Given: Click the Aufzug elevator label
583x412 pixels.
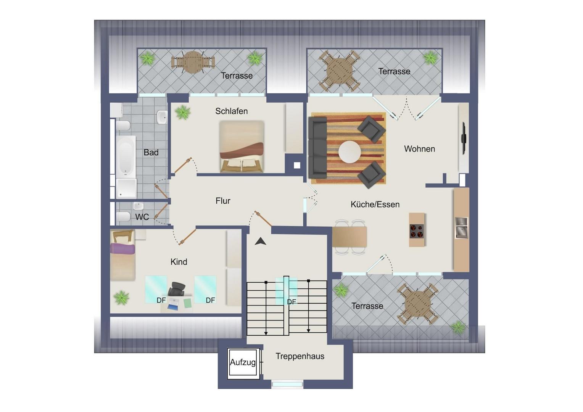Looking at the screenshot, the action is (243, 362).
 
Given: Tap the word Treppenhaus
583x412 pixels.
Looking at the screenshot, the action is (300, 356).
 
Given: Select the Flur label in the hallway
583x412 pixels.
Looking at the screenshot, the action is (223, 201).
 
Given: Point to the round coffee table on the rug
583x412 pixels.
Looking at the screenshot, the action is (349, 152).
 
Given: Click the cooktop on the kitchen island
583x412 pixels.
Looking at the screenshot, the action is (417, 231).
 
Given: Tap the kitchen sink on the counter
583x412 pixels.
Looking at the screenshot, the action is (461, 228).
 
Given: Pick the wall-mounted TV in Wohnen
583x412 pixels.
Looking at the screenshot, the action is (464, 138).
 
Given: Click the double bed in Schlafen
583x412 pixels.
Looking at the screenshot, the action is (242, 146).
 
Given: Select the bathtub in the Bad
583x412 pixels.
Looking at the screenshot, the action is (126, 156).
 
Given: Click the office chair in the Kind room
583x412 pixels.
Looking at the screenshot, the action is (177, 289).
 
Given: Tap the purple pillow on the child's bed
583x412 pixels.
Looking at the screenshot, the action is (122, 249).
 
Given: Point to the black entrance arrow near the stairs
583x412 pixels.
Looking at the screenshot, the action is (261, 241).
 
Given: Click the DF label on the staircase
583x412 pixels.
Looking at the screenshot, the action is (291, 302).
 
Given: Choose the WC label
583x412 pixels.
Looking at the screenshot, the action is (142, 217).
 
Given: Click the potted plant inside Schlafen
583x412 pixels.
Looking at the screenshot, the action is (183, 112).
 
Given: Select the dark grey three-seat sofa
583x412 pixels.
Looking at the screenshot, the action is (318, 147).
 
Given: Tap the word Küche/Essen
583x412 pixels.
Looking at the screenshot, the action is (375, 204).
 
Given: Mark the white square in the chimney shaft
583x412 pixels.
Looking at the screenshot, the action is (297, 165).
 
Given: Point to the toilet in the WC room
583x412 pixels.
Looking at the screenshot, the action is (123, 216).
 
